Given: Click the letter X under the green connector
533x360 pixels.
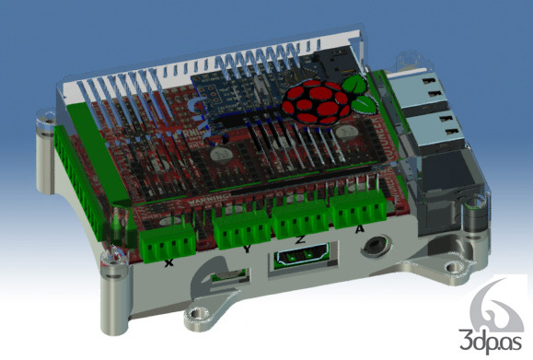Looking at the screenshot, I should tap(168, 263).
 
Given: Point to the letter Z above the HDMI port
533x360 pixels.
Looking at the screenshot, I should tap(300, 240).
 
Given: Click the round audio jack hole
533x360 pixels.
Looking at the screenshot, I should tap(374, 248).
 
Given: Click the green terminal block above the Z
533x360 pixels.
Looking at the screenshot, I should tap(301, 222).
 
